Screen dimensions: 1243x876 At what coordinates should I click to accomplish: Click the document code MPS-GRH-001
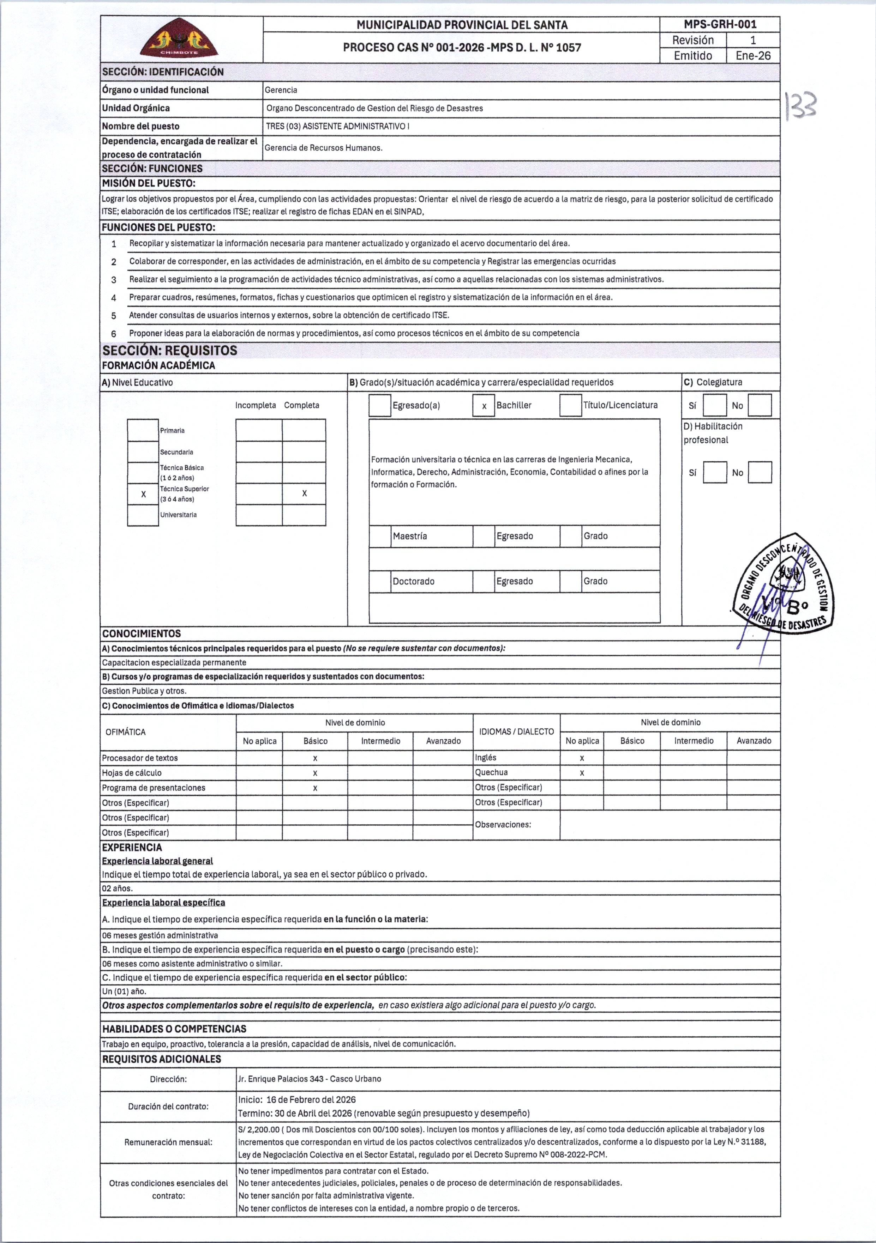pyautogui.click(x=720, y=24)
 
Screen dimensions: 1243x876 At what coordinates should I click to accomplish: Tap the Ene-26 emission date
pyautogui.click(x=753, y=56)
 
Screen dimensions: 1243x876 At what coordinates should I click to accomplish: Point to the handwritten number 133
pyautogui.click(x=801, y=105)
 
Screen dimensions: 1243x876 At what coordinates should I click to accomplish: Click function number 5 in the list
pyautogui.click(x=114, y=316)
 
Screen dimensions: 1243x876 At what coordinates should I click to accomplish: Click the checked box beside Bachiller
pyautogui.click(x=484, y=406)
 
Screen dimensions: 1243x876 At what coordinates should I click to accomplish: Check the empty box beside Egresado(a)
pyautogui.click(x=380, y=406)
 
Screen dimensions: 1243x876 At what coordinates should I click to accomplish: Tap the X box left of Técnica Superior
pyautogui.click(x=143, y=494)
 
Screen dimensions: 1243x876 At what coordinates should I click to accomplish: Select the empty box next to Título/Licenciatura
pyautogui.click(x=570, y=406)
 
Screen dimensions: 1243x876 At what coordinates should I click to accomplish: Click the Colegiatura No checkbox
pyautogui.click(x=760, y=406)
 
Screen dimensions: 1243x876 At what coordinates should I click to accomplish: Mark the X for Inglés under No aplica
pyautogui.click(x=582, y=758)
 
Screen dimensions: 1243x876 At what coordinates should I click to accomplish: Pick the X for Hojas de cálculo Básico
pyautogui.click(x=315, y=773)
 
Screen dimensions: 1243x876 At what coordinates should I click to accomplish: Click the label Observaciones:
pyautogui.click(x=503, y=825)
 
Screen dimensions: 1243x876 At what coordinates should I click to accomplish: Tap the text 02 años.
pyautogui.click(x=118, y=889)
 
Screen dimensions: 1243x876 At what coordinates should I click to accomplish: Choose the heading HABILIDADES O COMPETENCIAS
pyautogui.click(x=174, y=1029)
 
